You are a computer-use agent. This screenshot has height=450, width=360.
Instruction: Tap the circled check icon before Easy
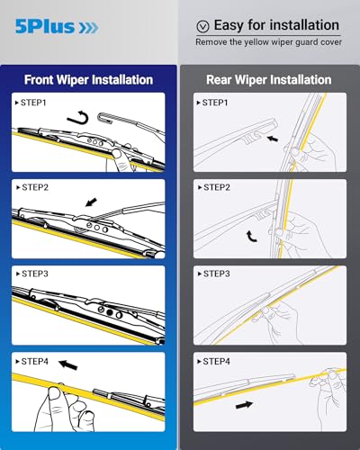point(202,26)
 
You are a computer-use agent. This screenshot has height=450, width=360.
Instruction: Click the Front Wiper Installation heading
point(88,79)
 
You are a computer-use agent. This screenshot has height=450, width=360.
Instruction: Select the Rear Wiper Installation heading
point(269,79)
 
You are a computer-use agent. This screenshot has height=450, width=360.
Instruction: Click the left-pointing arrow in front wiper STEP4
point(67,365)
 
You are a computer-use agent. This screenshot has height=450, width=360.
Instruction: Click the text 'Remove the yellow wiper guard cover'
point(270,42)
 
